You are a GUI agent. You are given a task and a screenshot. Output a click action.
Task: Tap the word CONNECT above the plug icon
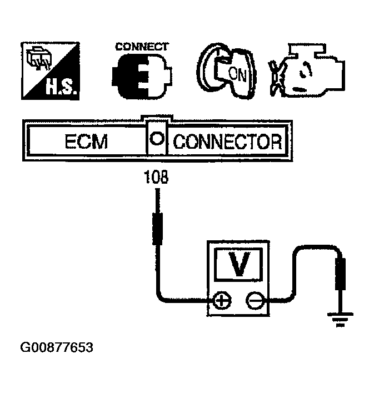142,47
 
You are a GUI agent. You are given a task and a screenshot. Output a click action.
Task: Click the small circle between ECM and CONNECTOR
157,139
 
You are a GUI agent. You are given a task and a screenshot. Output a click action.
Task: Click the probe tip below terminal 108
158,228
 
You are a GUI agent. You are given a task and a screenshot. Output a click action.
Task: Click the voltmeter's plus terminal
222,302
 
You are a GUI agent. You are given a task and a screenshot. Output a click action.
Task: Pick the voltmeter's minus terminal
255,302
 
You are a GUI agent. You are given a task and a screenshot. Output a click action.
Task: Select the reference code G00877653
57,348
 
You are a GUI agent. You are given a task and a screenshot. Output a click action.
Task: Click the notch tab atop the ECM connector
157,118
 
